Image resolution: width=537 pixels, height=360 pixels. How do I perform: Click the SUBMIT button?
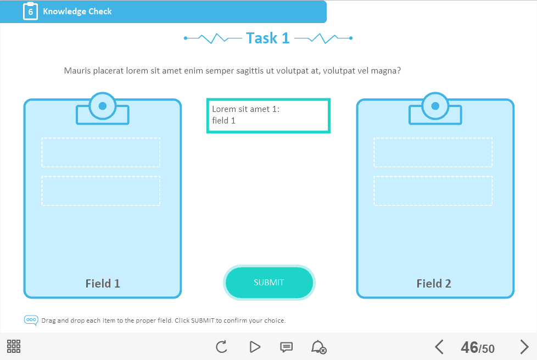pyautogui.click(x=269, y=283)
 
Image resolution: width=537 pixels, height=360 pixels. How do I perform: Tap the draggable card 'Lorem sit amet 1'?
pyautogui.click(x=268, y=116)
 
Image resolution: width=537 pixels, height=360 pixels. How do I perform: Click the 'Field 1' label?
pyautogui.click(x=103, y=283)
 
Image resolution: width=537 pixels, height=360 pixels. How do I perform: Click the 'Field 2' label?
pyautogui.click(x=434, y=283)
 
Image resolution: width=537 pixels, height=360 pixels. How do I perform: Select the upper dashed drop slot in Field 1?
pyautogui.click(x=101, y=152)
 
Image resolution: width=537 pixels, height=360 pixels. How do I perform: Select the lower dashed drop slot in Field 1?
pyautogui.click(x=101, y=190)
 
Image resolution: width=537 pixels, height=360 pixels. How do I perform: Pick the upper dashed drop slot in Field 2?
pyautogui.click(x=433, y=152)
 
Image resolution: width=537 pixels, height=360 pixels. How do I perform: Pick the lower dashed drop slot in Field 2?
pyautogui.click(x=433, y=190)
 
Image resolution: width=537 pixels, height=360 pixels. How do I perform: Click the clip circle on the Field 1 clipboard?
pyautogui.click(x=102, y=106)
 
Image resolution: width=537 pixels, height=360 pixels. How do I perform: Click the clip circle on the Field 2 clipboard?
pyautogui.click(x=435, y=106)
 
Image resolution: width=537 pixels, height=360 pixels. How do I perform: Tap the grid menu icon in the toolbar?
pyautogui.click(x=14, y=346)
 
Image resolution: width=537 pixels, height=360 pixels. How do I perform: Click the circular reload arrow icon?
pyautogui.click(x=222, y=347)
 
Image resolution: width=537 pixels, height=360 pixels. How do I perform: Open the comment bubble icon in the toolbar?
pyautogui.click(x=286, y=347)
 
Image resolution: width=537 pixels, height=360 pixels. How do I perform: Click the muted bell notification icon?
pyautogui.click(x=318, y=347)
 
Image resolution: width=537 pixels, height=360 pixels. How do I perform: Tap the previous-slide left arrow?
pyautogui.click(x=439, y=347)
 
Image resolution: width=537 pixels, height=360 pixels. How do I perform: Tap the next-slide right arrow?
pyautogui.click(x=524, y=347)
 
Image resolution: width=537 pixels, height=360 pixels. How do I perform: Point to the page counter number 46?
pyautogui.click(x=469, y=347)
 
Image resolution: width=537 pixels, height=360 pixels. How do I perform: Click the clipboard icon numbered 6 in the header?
pyautogui.click(x=31, y=12)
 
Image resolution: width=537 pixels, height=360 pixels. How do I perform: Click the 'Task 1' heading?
pyautogui.click(x=268, y=38)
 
